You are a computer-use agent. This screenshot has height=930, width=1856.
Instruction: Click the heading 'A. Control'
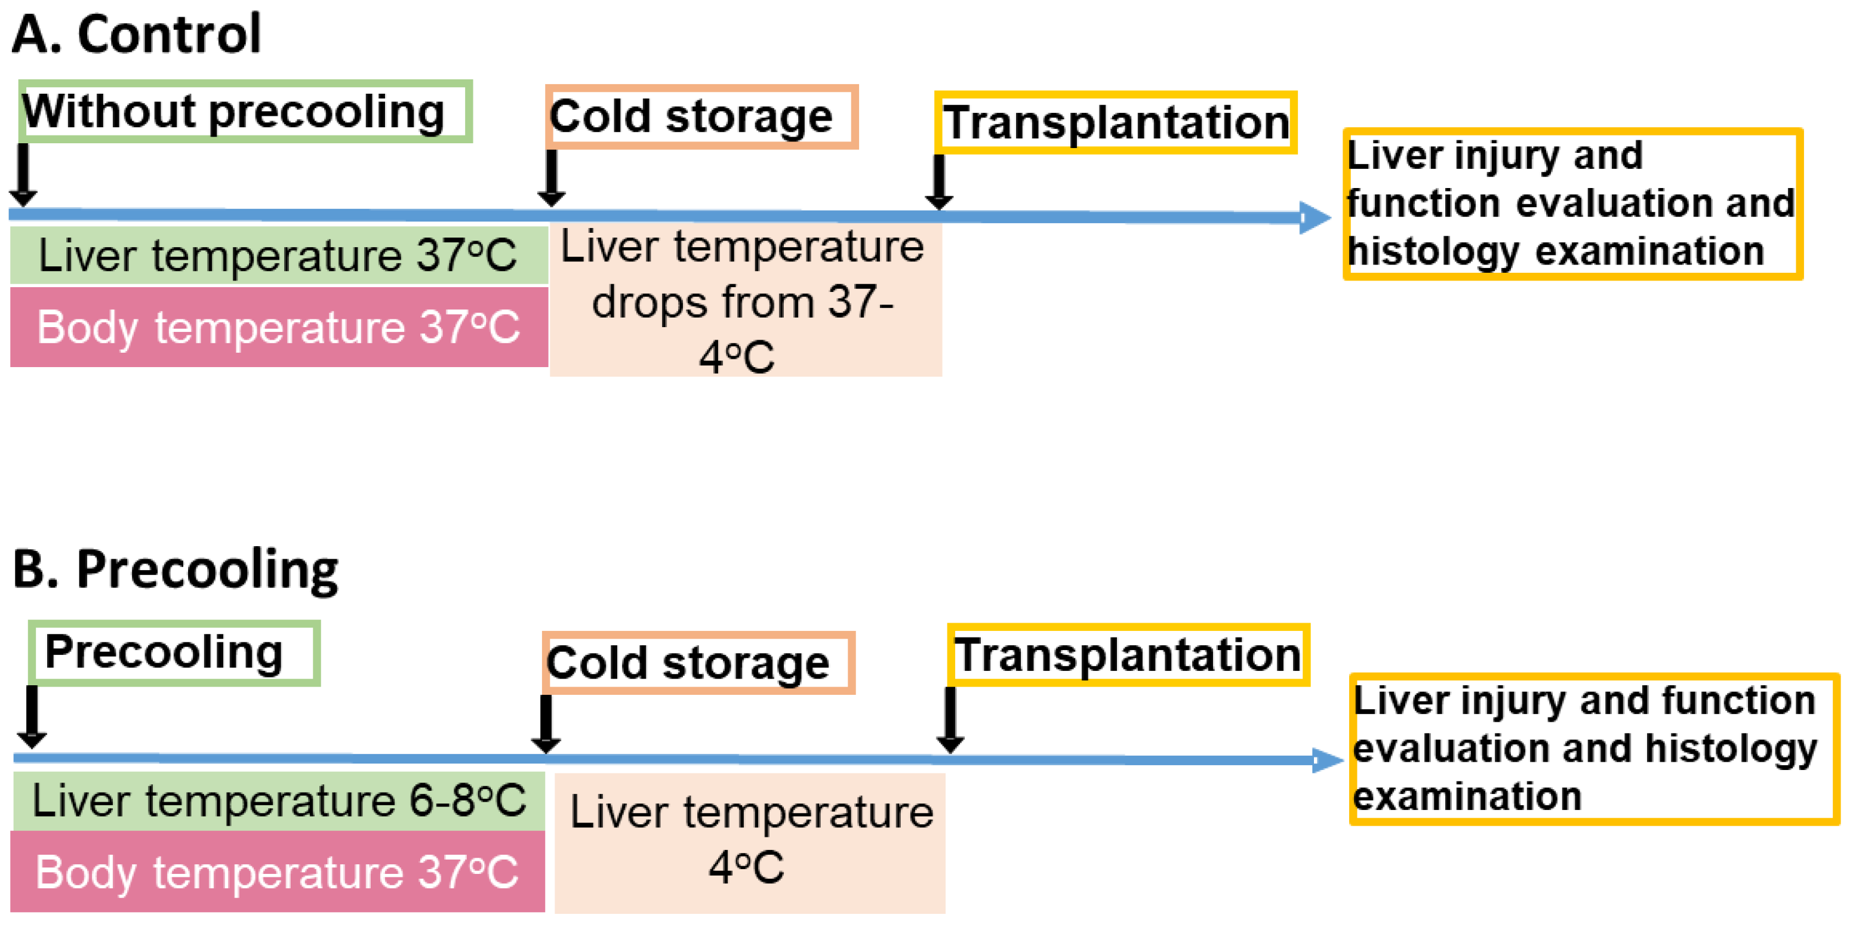point(136,34)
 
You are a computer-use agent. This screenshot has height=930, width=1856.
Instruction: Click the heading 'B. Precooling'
point(175,569)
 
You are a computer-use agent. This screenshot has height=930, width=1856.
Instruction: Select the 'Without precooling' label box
point(245,112)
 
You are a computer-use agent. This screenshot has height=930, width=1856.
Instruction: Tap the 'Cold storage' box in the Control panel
point(701,117)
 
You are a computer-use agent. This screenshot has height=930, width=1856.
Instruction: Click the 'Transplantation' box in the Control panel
point(1115,122)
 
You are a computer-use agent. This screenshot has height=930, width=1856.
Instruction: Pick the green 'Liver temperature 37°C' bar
point(278,255)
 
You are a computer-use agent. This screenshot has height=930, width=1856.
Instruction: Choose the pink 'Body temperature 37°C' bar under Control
point(278,327)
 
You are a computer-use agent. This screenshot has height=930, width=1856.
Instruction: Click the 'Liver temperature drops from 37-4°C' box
point(745,300)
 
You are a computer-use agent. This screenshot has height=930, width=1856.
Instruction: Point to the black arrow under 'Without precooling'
point(23,175)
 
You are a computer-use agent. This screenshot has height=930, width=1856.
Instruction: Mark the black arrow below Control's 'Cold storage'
point(551,178)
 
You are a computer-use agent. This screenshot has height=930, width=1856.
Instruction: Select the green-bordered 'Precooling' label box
point(174,652)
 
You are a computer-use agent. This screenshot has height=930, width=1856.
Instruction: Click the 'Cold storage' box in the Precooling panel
point(698,663)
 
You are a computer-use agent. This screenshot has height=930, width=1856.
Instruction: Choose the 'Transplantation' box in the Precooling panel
point(1128,655)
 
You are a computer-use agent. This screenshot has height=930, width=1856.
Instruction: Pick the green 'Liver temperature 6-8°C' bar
point(278,800)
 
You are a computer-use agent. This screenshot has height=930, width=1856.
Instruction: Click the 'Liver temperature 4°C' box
point(749,842)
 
